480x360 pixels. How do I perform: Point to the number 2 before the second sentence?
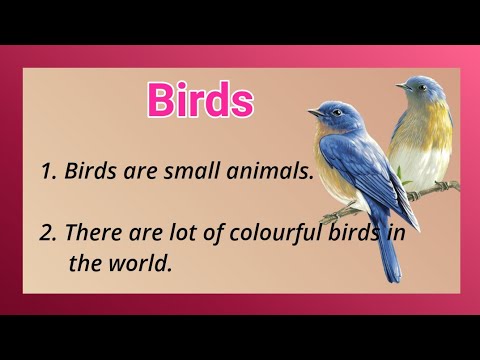point(46,233)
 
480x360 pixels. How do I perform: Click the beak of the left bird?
point(311,113)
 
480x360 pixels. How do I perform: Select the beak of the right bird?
point(398,87)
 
